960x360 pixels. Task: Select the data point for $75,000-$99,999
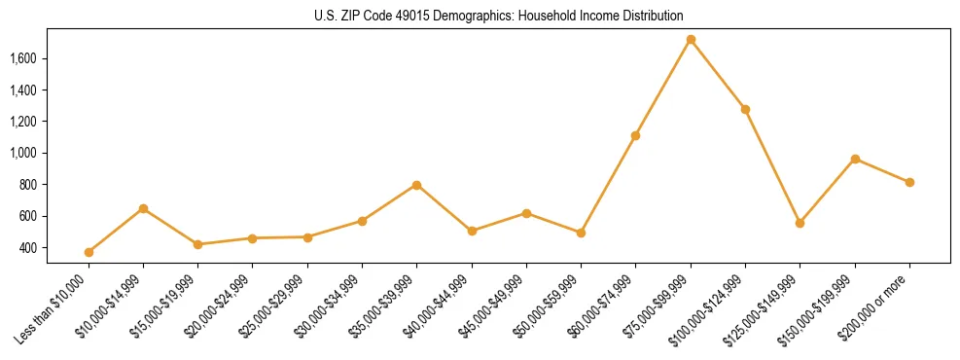coord(691,40)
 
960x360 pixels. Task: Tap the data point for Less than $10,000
coord(89,252)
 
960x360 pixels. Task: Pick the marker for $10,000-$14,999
coord(143,208)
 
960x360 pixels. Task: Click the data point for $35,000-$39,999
coord(416,185)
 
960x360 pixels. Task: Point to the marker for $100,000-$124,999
coord(745,109)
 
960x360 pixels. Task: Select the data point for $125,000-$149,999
coord(800,223)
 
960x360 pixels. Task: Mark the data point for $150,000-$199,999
coord(855,159)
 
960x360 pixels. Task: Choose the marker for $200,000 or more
coord(909,182)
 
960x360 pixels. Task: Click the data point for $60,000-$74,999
coord(635,135)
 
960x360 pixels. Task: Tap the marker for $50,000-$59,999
coord(581,233)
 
